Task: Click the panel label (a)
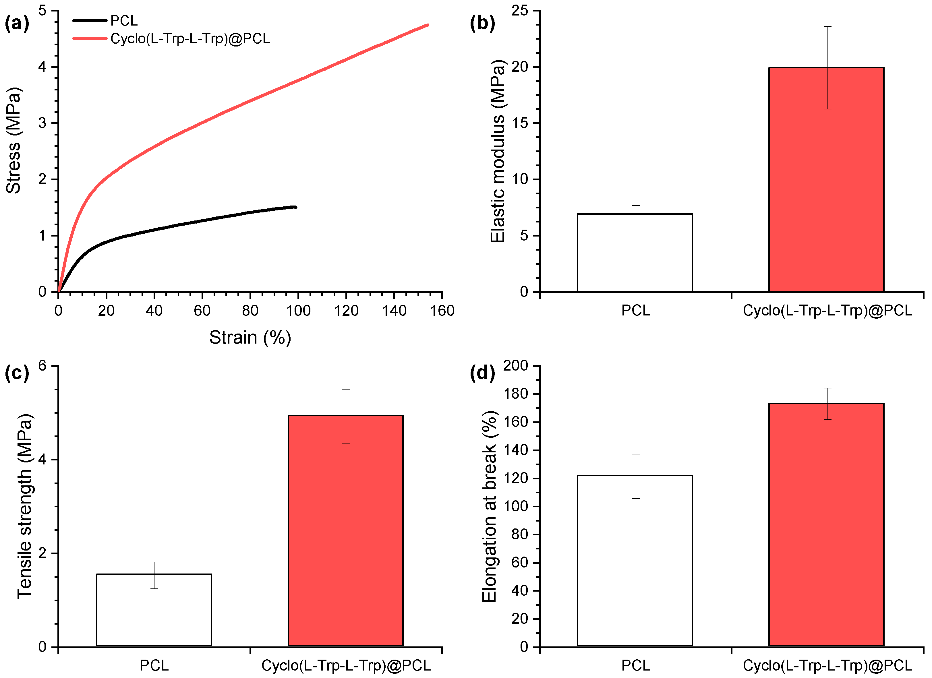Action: click(x=17, y=23)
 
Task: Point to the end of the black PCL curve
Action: click(x=295, y=207)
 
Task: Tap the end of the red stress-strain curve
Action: click(x=428, y=25)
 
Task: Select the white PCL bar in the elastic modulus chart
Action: click(x=635, y=253)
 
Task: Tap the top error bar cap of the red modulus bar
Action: click(x=827, y=27)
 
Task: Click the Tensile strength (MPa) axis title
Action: click(x=25, y=506)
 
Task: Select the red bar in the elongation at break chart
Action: click(x=826, y=526)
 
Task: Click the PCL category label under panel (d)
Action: click(x=635, y=665)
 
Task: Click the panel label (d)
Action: click(x=482, y=373)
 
